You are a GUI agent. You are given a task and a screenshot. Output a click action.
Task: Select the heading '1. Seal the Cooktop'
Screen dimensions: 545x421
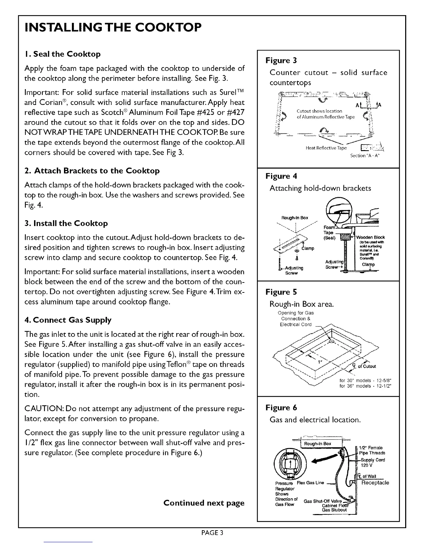(x=63, y=54)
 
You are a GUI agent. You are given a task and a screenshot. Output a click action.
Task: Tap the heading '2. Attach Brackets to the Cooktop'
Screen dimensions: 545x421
(x=92, y=171)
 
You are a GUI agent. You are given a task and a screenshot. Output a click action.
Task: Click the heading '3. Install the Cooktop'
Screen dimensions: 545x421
(x=66, y=223)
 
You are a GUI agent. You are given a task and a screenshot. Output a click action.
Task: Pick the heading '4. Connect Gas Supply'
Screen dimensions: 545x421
(x=68, y=320)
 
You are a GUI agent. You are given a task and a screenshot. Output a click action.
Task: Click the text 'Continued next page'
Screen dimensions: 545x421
(x=204, y=503)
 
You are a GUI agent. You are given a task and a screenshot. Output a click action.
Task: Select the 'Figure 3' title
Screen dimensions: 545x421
(x=281, y=61)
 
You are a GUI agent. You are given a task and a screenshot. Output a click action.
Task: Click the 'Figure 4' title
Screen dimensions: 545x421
(x=281, y=176)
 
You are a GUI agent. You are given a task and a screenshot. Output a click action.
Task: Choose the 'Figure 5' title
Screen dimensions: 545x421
(x=281, y=292)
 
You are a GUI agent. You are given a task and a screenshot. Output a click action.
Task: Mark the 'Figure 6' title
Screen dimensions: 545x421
(x=281, y=408)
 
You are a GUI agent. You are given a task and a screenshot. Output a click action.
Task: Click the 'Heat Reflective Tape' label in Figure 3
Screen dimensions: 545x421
(x=326, y=148)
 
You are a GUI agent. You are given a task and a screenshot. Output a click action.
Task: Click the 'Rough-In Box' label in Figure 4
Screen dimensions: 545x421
(x=295, y=218)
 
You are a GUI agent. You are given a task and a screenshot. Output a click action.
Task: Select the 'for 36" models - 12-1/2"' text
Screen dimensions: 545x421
(x=365, y=386)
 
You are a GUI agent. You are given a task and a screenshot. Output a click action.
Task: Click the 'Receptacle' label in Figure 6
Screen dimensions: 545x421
(x=375, y=483)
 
